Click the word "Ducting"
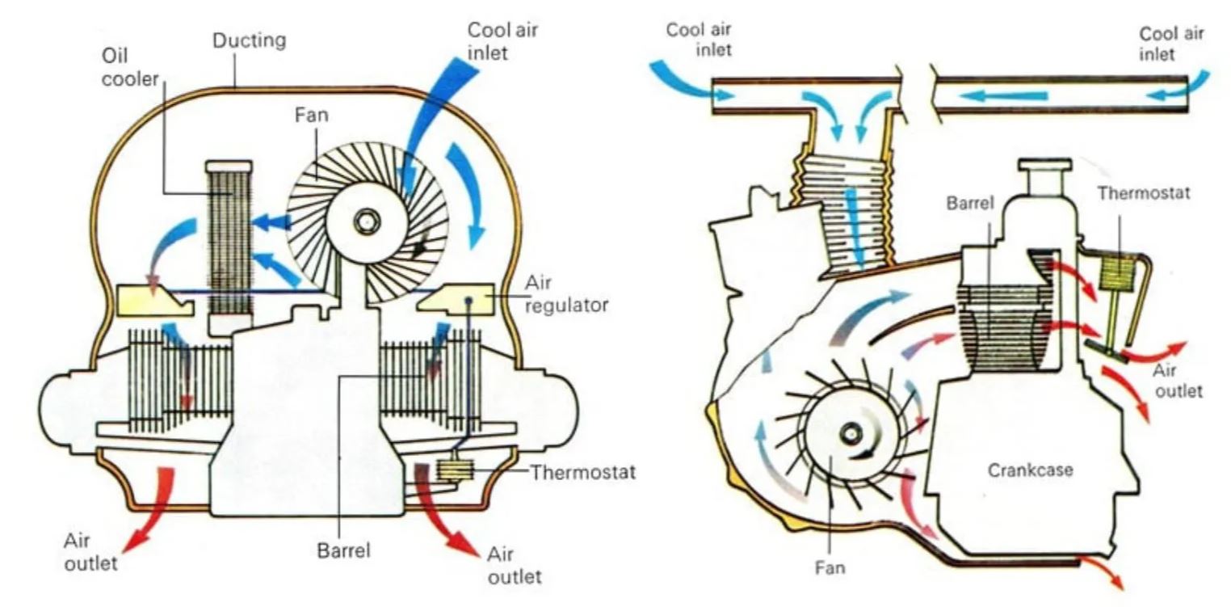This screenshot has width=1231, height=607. [x=249, y=40]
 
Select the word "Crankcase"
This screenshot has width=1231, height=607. [x=1030, y=470]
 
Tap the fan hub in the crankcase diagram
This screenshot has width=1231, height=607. [x=851, y=434]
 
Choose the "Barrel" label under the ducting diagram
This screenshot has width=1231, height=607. [x=343, y=552]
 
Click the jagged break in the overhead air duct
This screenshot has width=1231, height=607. [x=920, y=95]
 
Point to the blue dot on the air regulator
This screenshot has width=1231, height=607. [x=468, y=300]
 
